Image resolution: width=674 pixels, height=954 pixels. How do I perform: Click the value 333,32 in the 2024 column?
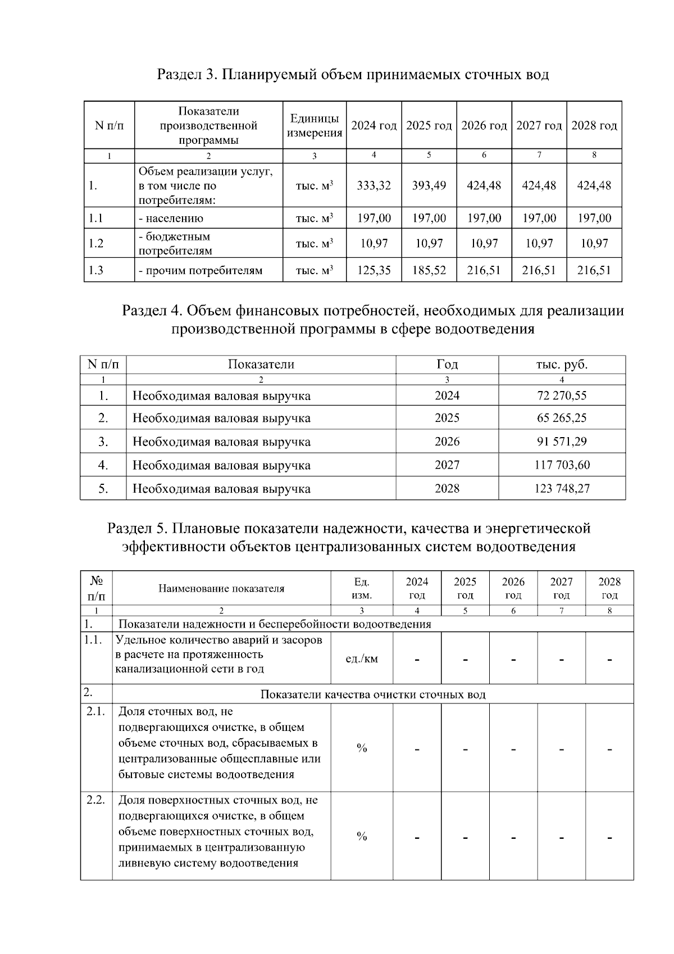coord(374,185)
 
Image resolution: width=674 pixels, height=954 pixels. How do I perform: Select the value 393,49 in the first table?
coord(429,185)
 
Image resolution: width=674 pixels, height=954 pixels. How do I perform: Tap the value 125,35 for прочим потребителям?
coord(374,271)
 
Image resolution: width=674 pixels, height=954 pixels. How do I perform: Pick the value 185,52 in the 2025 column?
coord(429,271)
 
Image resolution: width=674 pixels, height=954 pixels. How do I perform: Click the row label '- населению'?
coord(171,219)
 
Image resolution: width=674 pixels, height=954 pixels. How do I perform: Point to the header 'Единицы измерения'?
coord(314,126)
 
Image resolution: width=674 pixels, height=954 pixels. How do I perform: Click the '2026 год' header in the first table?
coord(484,126)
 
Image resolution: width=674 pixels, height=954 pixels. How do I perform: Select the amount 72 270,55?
coord(562,396)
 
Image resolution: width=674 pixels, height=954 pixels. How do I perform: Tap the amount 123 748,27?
coord(562,489)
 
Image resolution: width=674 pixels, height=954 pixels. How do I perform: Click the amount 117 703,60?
coord(562,465)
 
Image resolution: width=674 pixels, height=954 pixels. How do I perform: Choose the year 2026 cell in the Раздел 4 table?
coord(447,442)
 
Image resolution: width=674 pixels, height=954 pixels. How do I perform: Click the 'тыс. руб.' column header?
coord(562,365)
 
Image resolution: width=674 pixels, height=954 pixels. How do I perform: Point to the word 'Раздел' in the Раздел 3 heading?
coord(177,75)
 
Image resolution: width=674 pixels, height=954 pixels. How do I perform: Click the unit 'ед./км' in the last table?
coord(362,658)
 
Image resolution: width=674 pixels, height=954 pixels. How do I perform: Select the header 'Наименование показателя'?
coord(221,589)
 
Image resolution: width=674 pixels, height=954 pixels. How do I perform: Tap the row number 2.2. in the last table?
coord(96,800)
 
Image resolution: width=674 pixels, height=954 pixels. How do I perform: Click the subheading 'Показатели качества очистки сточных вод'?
coord(373,694)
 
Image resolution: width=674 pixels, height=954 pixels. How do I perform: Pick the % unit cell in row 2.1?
coord(362,748)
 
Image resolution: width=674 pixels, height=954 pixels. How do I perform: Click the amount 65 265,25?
coord(562,419)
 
